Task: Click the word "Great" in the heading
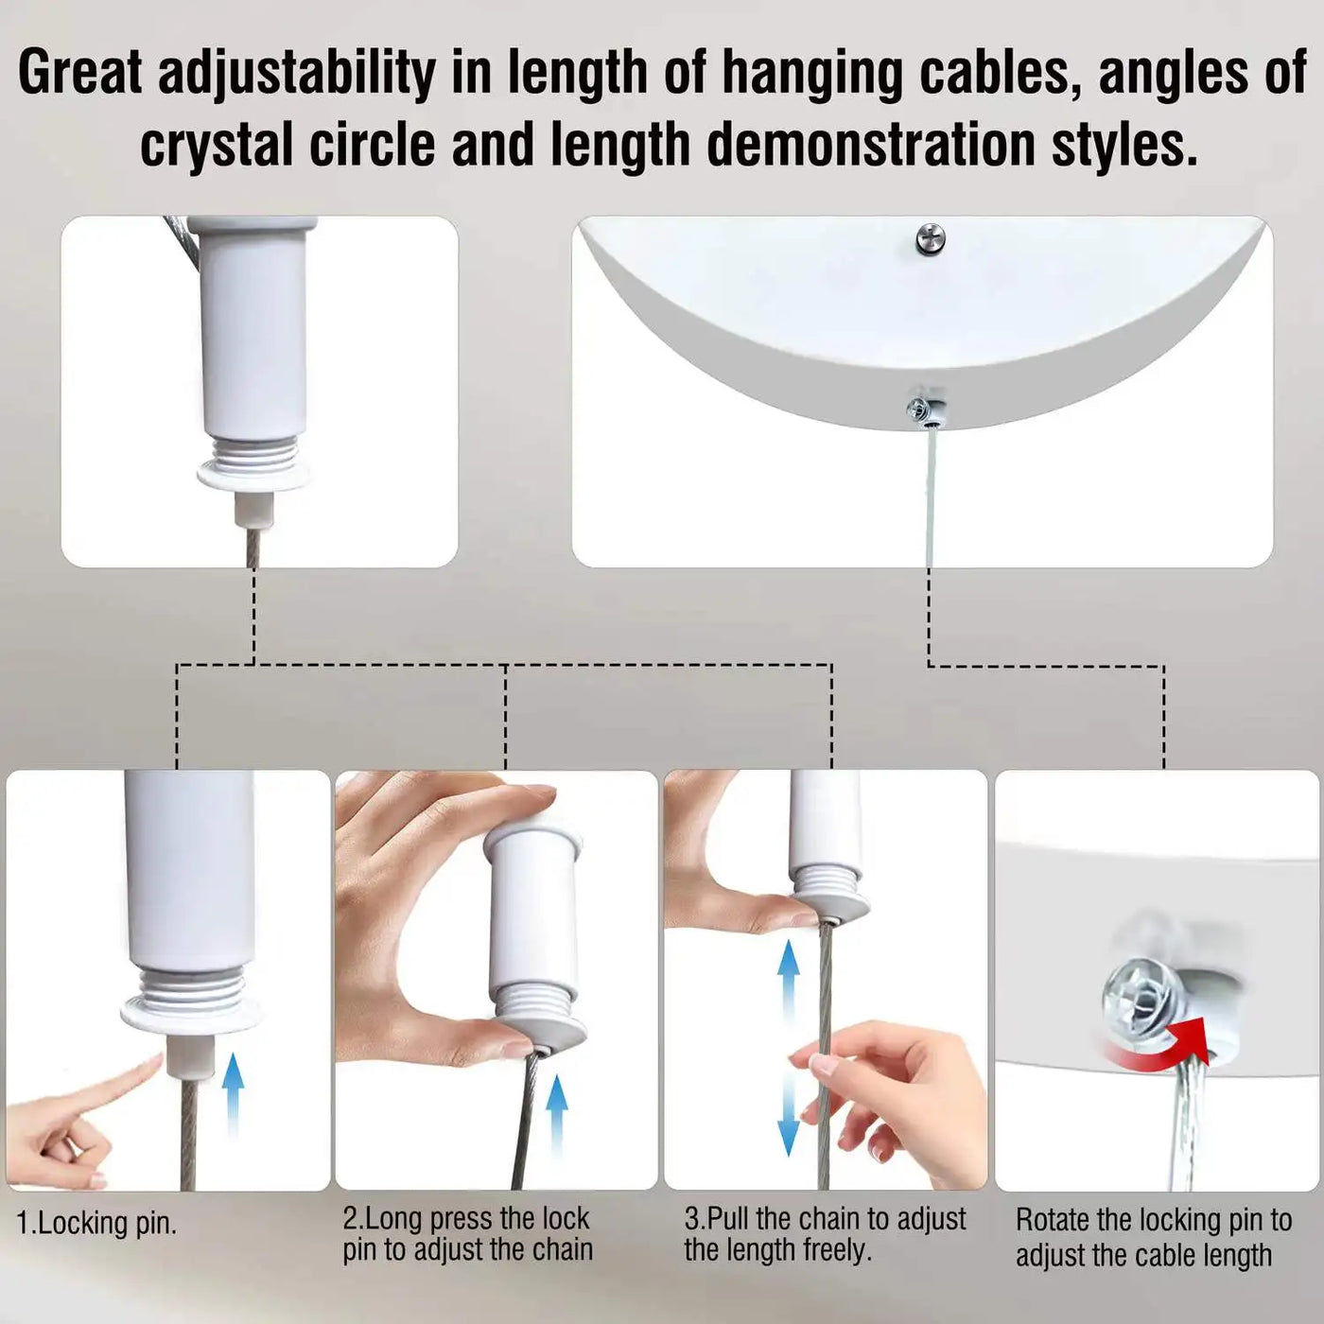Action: pos(80,72)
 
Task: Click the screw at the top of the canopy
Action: pos(931,239)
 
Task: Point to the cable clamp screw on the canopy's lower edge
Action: pos(924,410)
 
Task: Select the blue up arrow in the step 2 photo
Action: pos(556,1117)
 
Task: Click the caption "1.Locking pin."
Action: pos(96,1224)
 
